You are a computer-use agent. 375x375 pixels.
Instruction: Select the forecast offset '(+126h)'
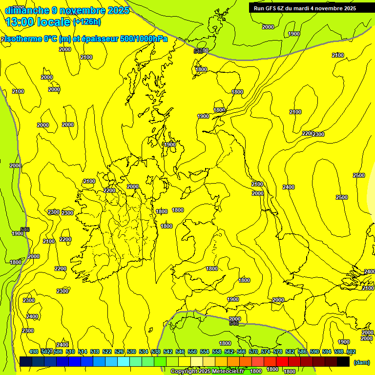[x=87, y=22]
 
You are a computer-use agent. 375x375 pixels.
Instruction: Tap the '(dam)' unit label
[x=361, y=362]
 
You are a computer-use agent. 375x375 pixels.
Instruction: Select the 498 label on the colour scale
[x=34, y=352]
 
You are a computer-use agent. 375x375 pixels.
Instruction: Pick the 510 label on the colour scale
[x=70, y=352]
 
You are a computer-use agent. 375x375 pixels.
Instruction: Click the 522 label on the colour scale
[x=107, y=352]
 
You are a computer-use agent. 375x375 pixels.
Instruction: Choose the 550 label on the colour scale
[x=192, y=352]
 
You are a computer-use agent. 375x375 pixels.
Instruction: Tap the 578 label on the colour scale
[x=278, y=352]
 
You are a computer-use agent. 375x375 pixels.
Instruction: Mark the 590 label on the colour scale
[x=314, y=352]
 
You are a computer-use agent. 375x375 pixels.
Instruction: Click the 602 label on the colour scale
[x=351, y=352]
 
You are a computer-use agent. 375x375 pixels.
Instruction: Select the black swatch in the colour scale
[x=343, y=361]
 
